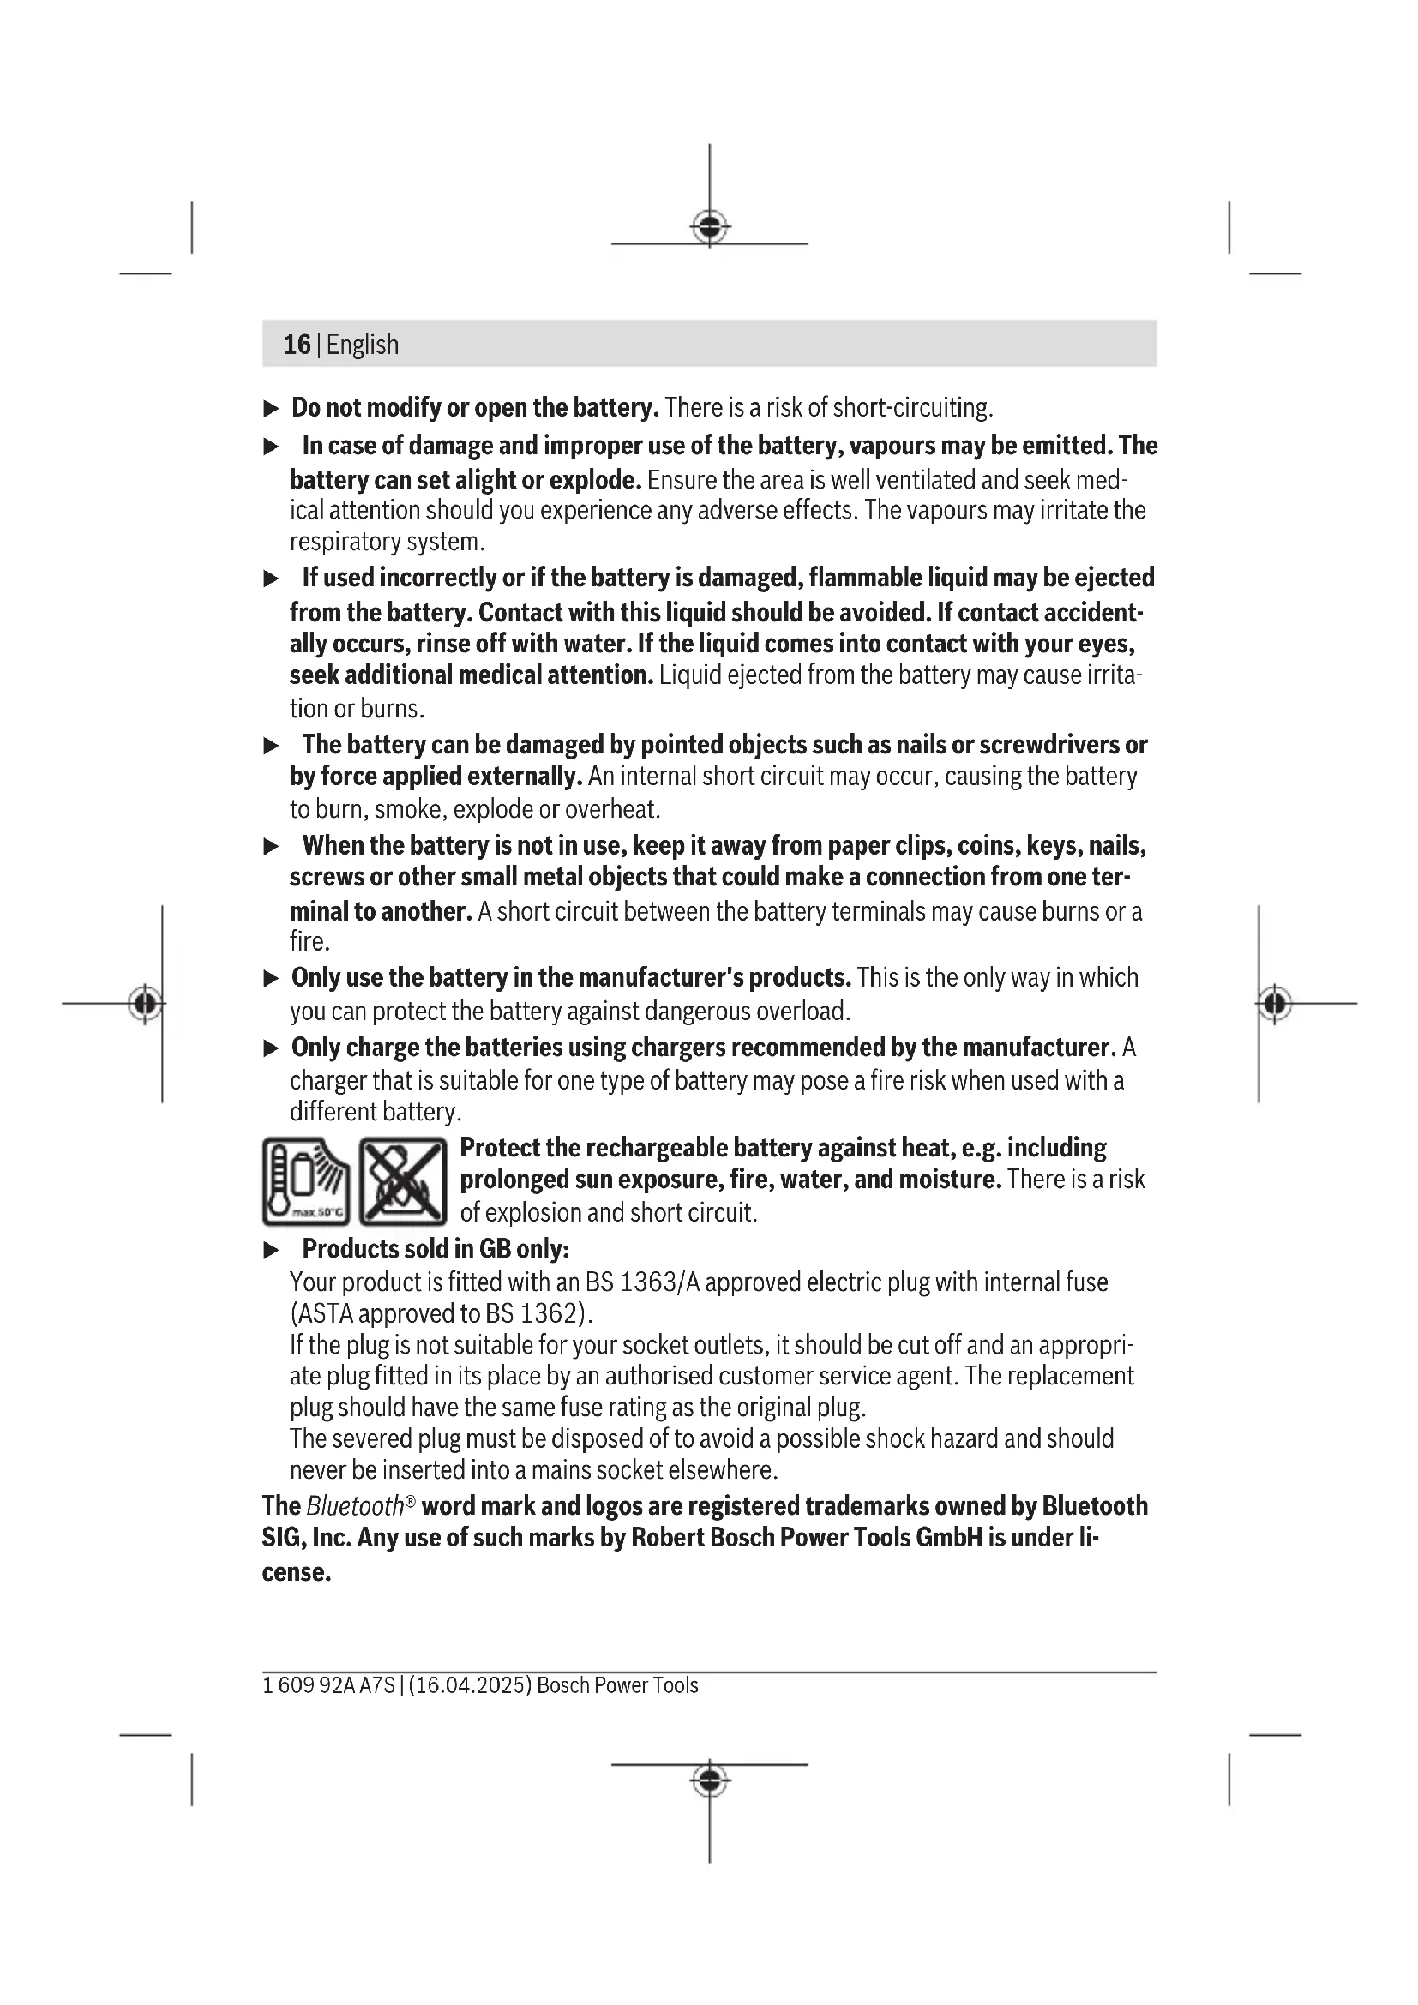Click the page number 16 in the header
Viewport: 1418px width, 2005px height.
297,345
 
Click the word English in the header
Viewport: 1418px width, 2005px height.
363,345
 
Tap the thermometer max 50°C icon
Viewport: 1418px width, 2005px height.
305,1181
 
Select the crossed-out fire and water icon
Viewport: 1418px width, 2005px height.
404,1181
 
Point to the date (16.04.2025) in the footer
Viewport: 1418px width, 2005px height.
470,1685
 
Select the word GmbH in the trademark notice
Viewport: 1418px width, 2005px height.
948,1538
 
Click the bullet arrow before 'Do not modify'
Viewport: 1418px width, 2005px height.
272,409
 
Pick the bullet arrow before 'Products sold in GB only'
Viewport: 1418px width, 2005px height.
272,1251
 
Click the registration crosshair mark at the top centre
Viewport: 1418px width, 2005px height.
710,228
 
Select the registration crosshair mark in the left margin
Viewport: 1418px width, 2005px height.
146,1004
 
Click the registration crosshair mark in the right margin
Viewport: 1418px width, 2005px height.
1275,1004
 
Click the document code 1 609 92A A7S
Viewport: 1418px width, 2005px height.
328,1685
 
